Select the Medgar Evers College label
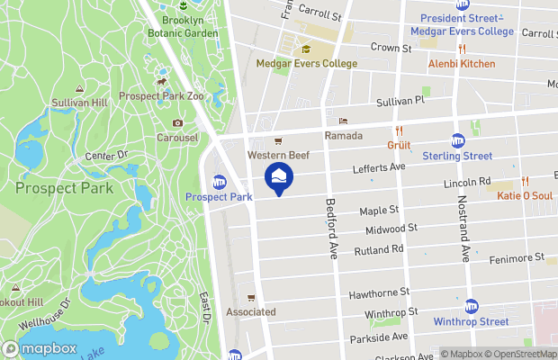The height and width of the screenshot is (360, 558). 306,64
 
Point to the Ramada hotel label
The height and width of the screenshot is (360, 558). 343,135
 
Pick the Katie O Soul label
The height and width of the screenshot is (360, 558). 523,194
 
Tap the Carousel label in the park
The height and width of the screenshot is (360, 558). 177,138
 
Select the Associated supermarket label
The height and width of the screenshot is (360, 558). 251,311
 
